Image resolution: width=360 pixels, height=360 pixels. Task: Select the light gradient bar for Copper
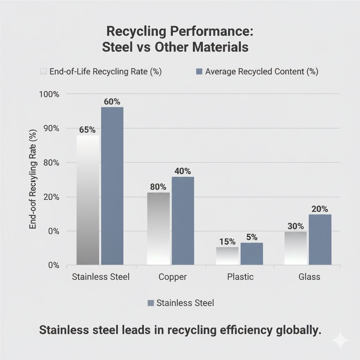pos(158,229)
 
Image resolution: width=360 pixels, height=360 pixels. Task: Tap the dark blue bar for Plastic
pos(252,253)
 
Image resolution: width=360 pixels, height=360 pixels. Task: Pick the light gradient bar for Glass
pos(296,248)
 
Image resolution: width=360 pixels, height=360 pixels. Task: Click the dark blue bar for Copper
pos(183,220)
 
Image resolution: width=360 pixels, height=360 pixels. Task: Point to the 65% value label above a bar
pos(87,129)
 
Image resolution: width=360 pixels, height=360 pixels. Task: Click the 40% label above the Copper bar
pos(182,171)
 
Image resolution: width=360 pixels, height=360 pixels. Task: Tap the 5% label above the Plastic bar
pos(252,237)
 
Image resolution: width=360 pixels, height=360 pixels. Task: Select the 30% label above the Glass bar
pos(295,226)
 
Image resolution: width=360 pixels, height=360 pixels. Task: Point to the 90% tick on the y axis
pos(52,128)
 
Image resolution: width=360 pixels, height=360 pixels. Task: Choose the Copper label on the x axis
pos(173,277)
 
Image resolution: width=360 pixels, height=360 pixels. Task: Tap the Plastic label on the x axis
pos(240,277)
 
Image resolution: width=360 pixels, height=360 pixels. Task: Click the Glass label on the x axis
pos(309,277)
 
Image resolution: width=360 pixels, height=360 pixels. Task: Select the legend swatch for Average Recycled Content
pos(199,72)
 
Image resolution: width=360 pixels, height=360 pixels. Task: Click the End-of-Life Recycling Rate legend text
pos(105,72)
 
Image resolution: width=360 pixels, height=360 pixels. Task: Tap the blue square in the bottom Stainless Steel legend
pos(151,303)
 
